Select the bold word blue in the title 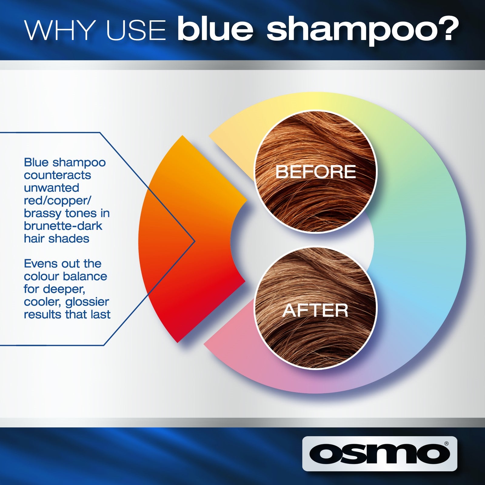[215, 29]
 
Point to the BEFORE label [316, 172]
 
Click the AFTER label [315, 310]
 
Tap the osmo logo [380, 453]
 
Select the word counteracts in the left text [57, 175]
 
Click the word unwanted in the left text [52, 188]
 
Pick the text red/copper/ [58, 201]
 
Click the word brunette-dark [63, 226]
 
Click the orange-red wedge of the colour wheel [188, 239]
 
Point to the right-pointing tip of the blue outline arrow [195, 241]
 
